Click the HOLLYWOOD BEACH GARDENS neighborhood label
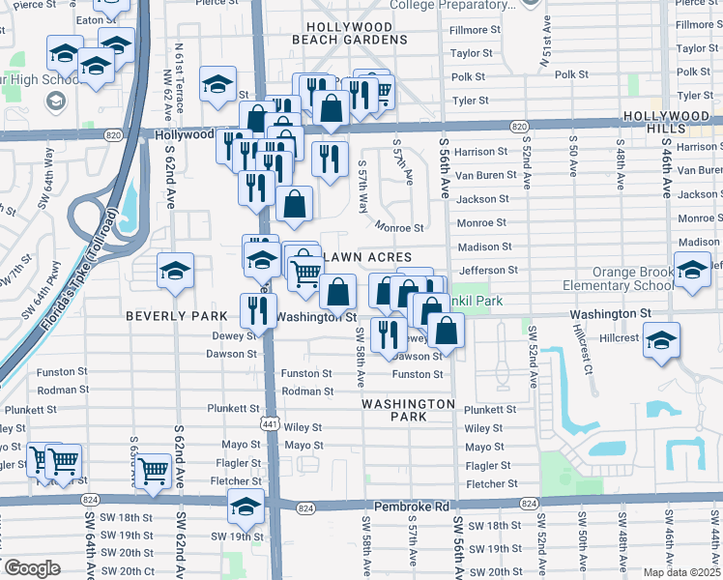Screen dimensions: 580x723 tap(349, 33)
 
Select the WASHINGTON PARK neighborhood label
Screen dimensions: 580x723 tap(409, 410)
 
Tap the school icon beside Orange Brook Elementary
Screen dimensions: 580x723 tap(692, 271)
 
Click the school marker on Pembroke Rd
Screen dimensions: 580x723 tap(246, 506)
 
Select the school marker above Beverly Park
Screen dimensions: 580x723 tap(175, 272)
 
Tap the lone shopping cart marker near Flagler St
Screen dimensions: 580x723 tap(154, 471)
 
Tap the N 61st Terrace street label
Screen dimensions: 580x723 tap(179, 73)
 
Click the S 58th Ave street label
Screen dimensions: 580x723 tap(359, 349)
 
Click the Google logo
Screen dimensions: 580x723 tap(32, 568)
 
